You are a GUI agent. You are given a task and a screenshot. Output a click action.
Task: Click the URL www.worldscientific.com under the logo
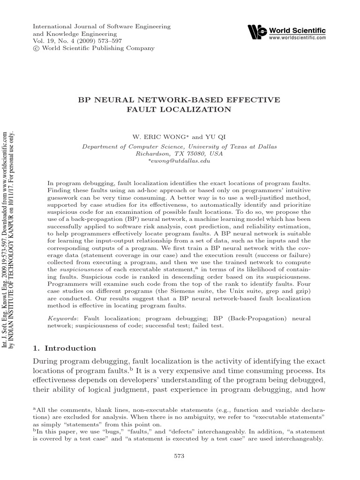pyautogui.click(x=297, y=38)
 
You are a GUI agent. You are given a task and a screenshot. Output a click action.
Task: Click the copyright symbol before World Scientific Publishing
pyautogui.click(x=36, y=48)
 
